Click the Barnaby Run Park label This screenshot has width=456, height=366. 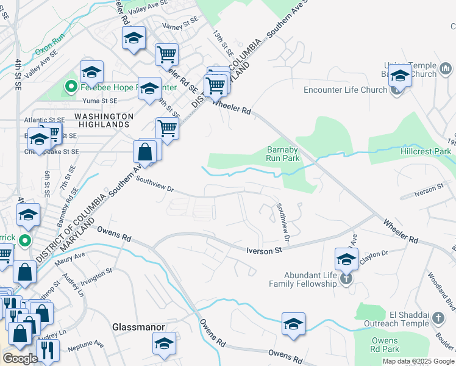point(283,153)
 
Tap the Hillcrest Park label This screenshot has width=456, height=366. point(426,151)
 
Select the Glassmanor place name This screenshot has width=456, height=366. point(139,327)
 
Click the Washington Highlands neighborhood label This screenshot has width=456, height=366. point(104,120)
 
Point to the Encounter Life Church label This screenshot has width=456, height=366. point(346,90)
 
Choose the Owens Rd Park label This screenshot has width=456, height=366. point(385,345)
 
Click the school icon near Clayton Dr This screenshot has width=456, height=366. point(346,259)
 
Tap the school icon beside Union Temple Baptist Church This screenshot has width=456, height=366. point(400,76)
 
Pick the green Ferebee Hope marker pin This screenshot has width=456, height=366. point(70,87)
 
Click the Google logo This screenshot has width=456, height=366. point(20,358)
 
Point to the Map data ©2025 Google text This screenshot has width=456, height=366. point(418,361)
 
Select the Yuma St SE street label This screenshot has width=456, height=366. point(99,101)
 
